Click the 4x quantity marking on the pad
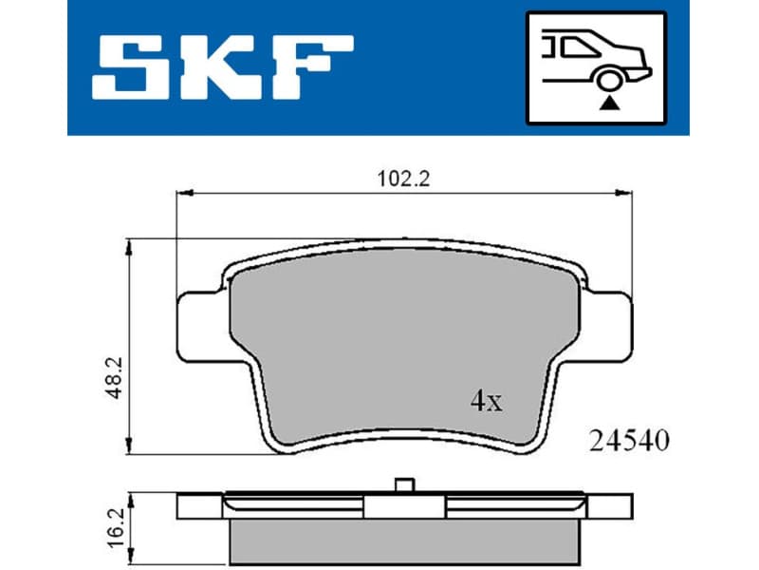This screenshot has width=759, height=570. (487, 401)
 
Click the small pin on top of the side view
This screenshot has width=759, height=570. (406, 485)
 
